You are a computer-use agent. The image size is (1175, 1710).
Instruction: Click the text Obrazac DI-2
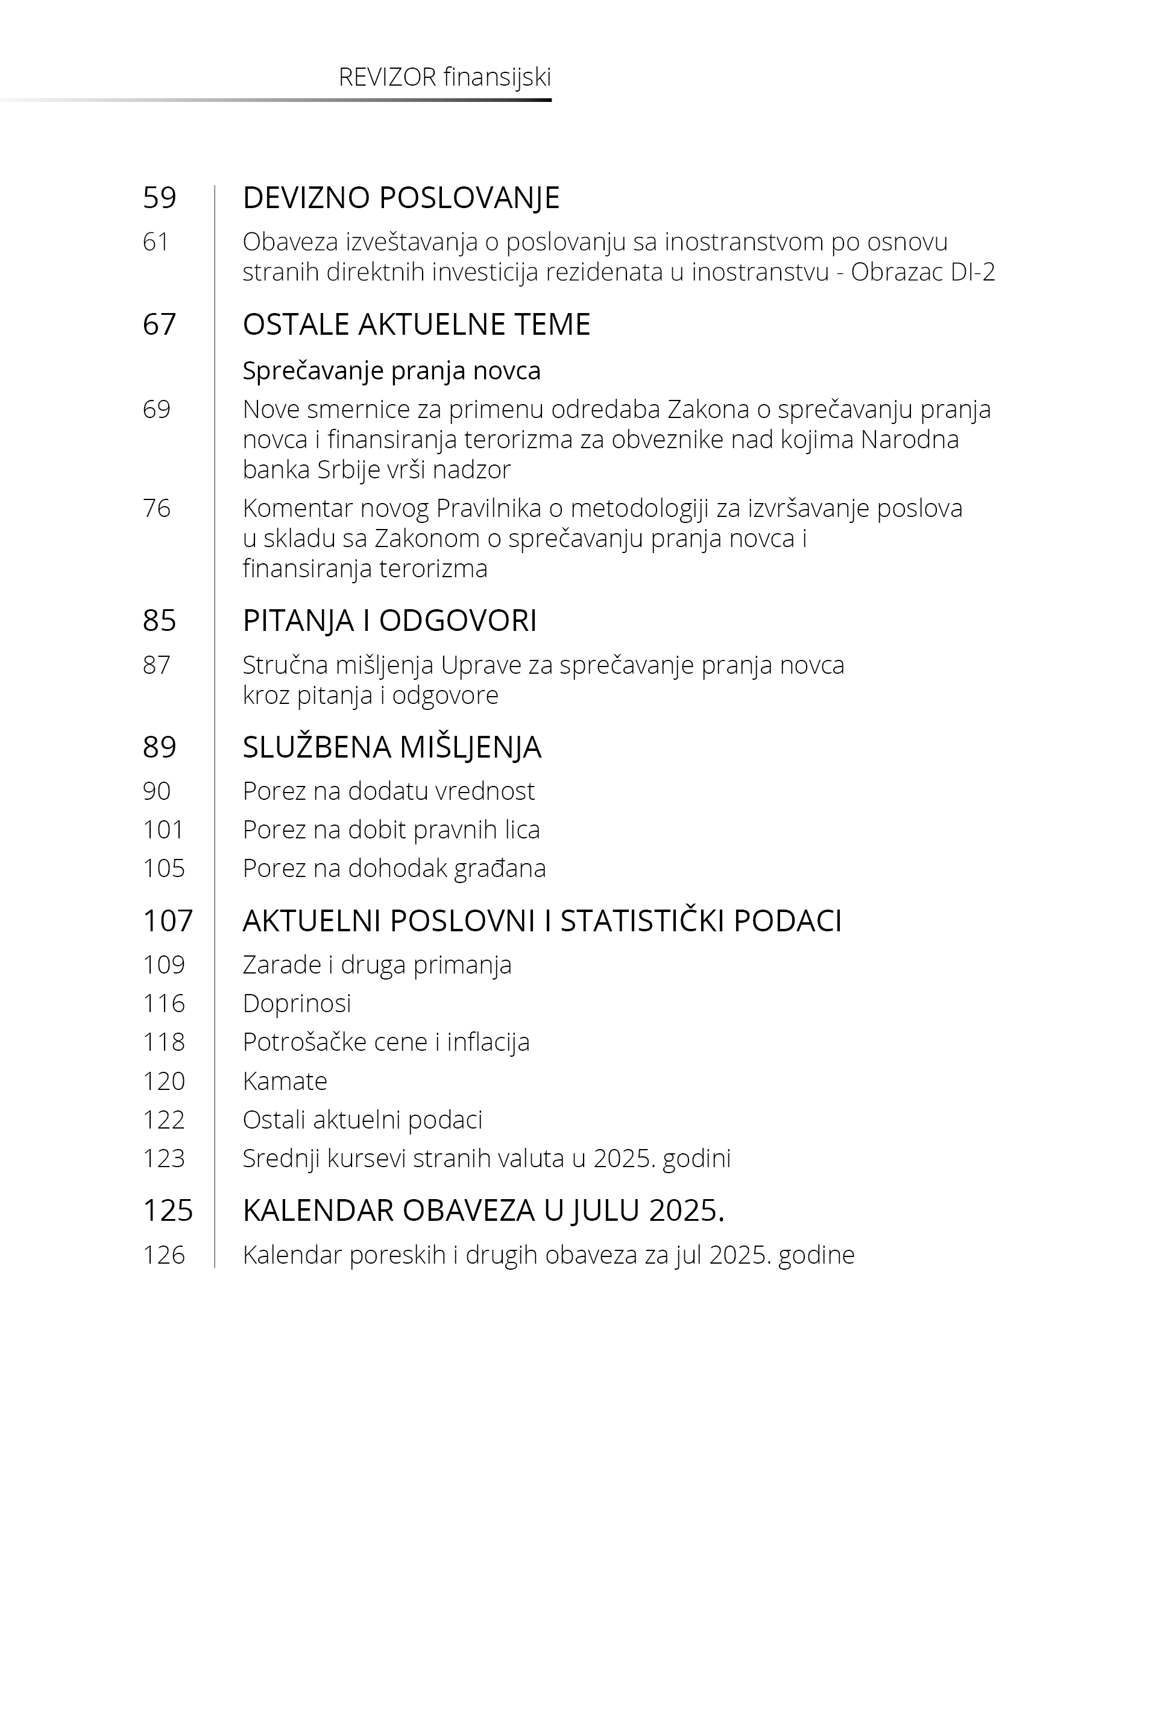[922, 273]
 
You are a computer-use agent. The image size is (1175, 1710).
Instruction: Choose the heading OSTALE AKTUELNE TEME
[416, 324]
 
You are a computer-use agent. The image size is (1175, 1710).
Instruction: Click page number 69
[156, 409]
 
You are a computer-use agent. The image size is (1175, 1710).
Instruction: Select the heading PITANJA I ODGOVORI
[389, 620]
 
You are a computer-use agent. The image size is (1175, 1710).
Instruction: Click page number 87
[156, 665]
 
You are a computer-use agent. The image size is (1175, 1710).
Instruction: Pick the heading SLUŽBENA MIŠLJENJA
[392, 747]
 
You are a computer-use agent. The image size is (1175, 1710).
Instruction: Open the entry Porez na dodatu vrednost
[388, 791]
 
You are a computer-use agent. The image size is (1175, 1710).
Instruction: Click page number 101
[163, 830]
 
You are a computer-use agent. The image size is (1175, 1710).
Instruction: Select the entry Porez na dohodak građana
[394, 868]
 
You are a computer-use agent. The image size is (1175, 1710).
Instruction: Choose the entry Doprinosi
[297, 1003]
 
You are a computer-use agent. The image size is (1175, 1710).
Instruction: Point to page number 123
[163, 1159]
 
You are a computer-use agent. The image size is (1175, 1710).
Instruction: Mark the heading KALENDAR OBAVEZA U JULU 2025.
[483, 1211]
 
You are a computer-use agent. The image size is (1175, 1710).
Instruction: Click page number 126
[163, 1255]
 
